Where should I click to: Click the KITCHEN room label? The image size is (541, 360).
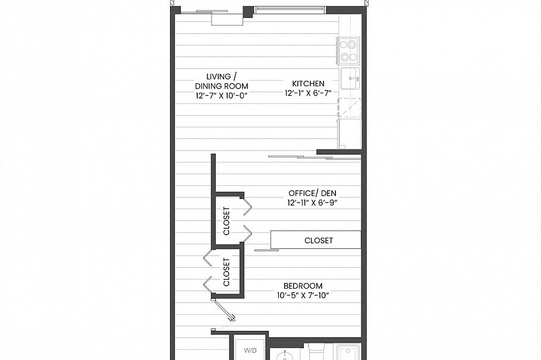pyautogui.click(x=308, y=84)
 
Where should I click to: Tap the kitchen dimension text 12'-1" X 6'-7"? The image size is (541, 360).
pyautogui.click(x=308, y=94)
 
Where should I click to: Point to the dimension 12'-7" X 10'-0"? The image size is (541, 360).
pyautogui.click(x=221, y=95)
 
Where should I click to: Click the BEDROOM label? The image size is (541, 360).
pyautogui.click(x=303, y=286)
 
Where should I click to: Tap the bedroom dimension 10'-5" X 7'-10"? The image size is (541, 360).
pyautogui.click(x=303, y=296)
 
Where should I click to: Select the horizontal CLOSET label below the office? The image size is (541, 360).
pyautogui.click(x=318, y=241)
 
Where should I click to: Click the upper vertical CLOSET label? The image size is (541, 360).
pyautogui.click(x=227, y=221)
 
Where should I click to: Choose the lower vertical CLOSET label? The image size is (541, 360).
pyautogui.click(x=227, y=272)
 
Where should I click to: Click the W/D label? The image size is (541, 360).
pyautogui.click(x=249, y=351)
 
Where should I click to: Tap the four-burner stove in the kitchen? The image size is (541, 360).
pyautogui.click(x=348, y=50)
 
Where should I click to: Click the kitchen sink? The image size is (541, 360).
pyautogui.click(x=350, y=78)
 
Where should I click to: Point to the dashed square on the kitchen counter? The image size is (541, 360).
pyautogui.click(x=349, y=108)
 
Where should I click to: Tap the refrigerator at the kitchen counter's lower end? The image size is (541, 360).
pyautogui.click(x=349, y=133)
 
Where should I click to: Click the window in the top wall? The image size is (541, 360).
pyautogui.click(x=290, y=10)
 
